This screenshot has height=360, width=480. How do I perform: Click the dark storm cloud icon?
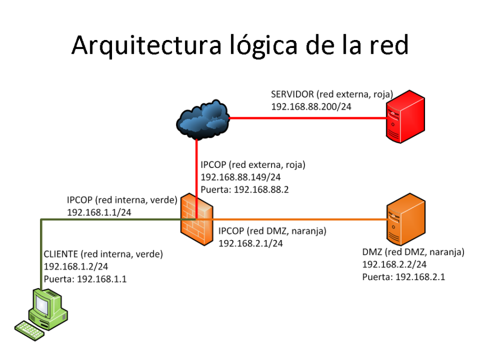tap(203, 118)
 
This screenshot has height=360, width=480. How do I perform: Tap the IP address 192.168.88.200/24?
tap(311, 107)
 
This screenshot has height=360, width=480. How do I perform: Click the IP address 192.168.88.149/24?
tap(241, 177)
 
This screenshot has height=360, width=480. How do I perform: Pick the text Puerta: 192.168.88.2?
tap(244, 189)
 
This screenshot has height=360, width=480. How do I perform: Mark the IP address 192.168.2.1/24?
tap(251, 243)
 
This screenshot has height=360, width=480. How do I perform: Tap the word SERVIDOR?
tap(292, 94)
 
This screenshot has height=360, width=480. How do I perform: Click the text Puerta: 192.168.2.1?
tap(404, 277)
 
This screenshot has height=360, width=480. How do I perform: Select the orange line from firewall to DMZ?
tap(299, 219)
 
